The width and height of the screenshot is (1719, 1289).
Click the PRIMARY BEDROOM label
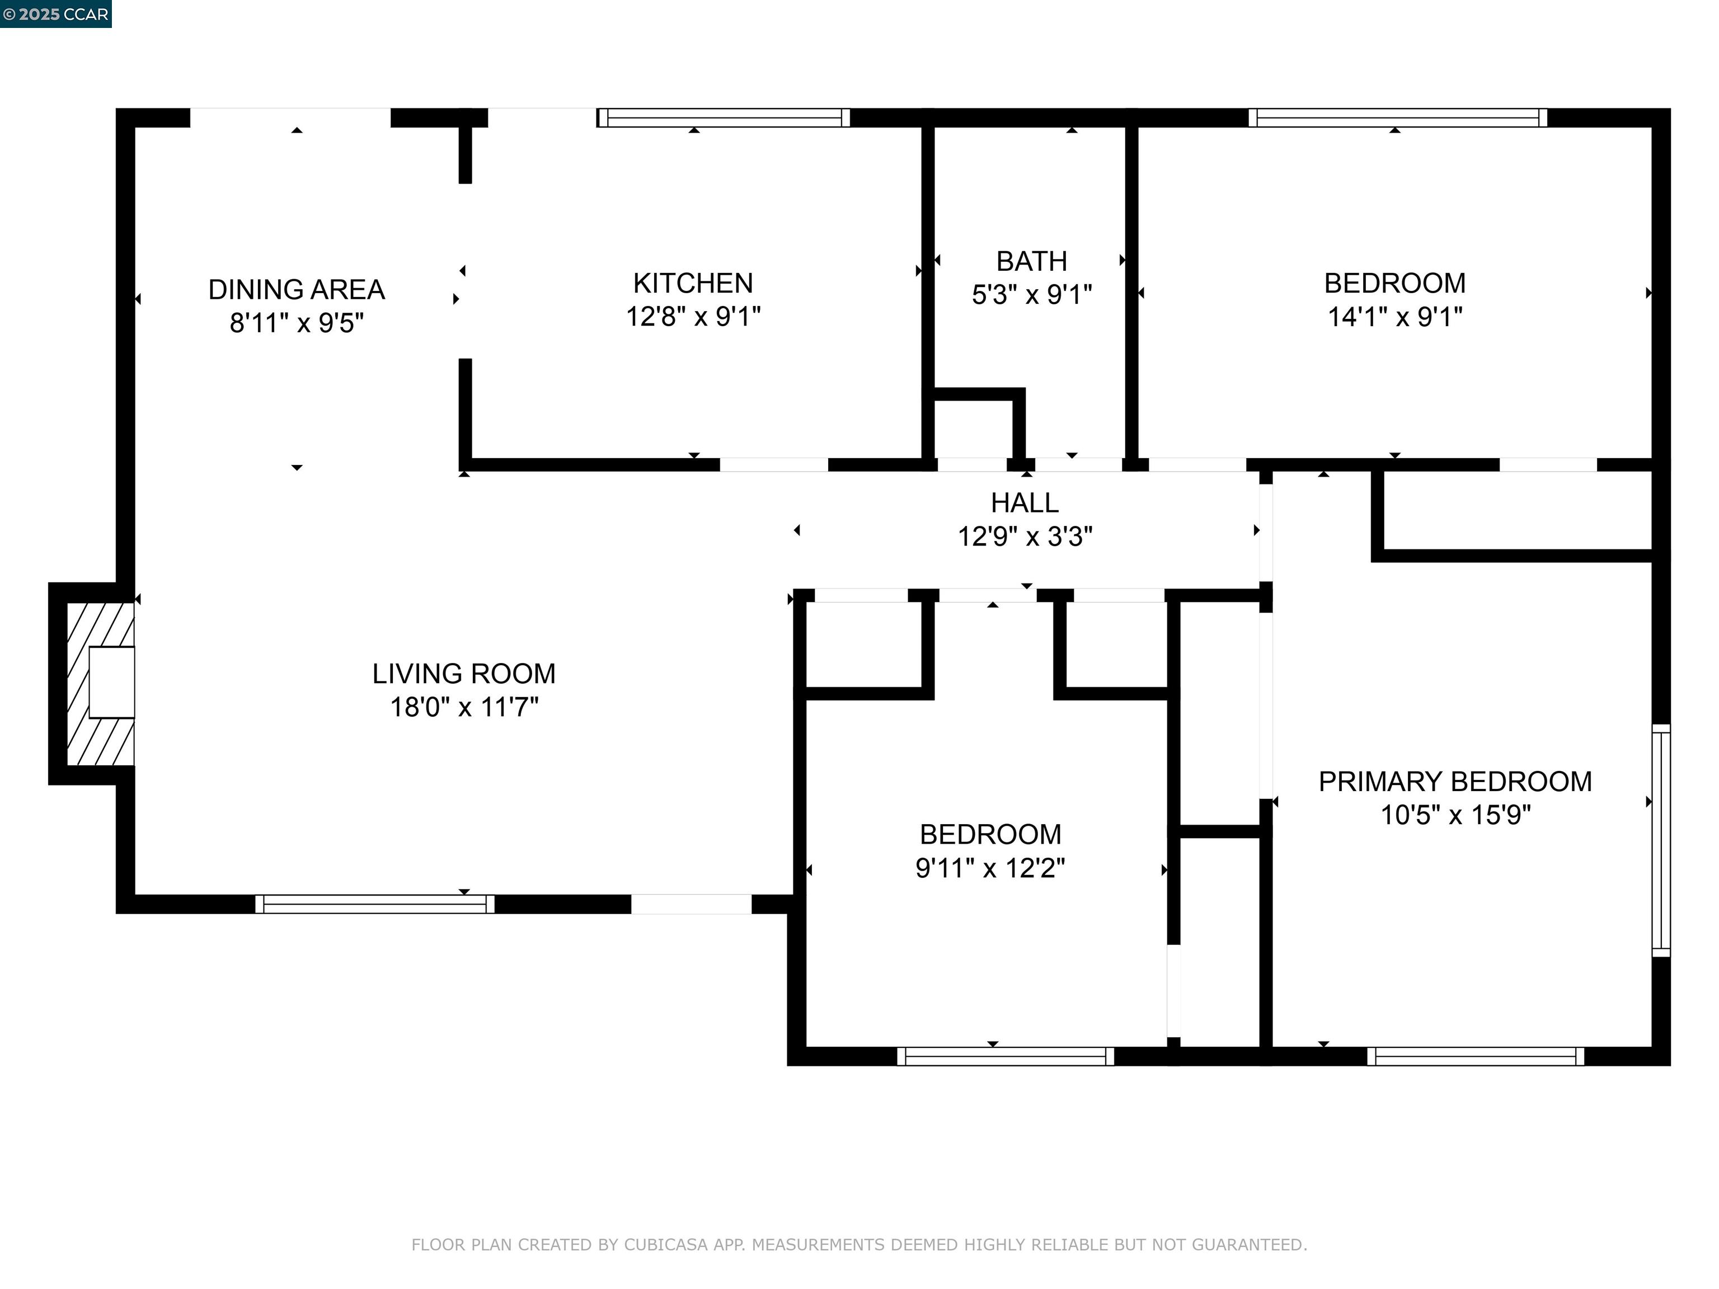click(x=1455, y=782)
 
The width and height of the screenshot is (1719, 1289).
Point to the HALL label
click(x=1024, y=504)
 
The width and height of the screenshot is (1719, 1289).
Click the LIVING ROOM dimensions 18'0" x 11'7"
click(x=464, y=707)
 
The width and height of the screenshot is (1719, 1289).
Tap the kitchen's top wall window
click(x=724, y=118)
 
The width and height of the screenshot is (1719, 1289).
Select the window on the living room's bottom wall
click(x=374, y=904)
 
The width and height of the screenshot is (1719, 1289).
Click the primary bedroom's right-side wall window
click(x=1661, y=840)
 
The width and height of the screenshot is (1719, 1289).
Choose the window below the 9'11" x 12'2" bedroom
click(x=1006, y=1056)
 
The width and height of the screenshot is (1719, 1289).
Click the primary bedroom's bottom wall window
click(x=1476, y=1056)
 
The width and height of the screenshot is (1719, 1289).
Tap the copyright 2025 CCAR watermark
click(x=56, y=14)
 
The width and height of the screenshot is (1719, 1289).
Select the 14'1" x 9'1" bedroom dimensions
click(x=1395, y=317)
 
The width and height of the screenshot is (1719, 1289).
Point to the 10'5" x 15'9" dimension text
click(x=1455, y=815)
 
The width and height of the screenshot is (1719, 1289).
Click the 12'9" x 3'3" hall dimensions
click(x=1025, y=537)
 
